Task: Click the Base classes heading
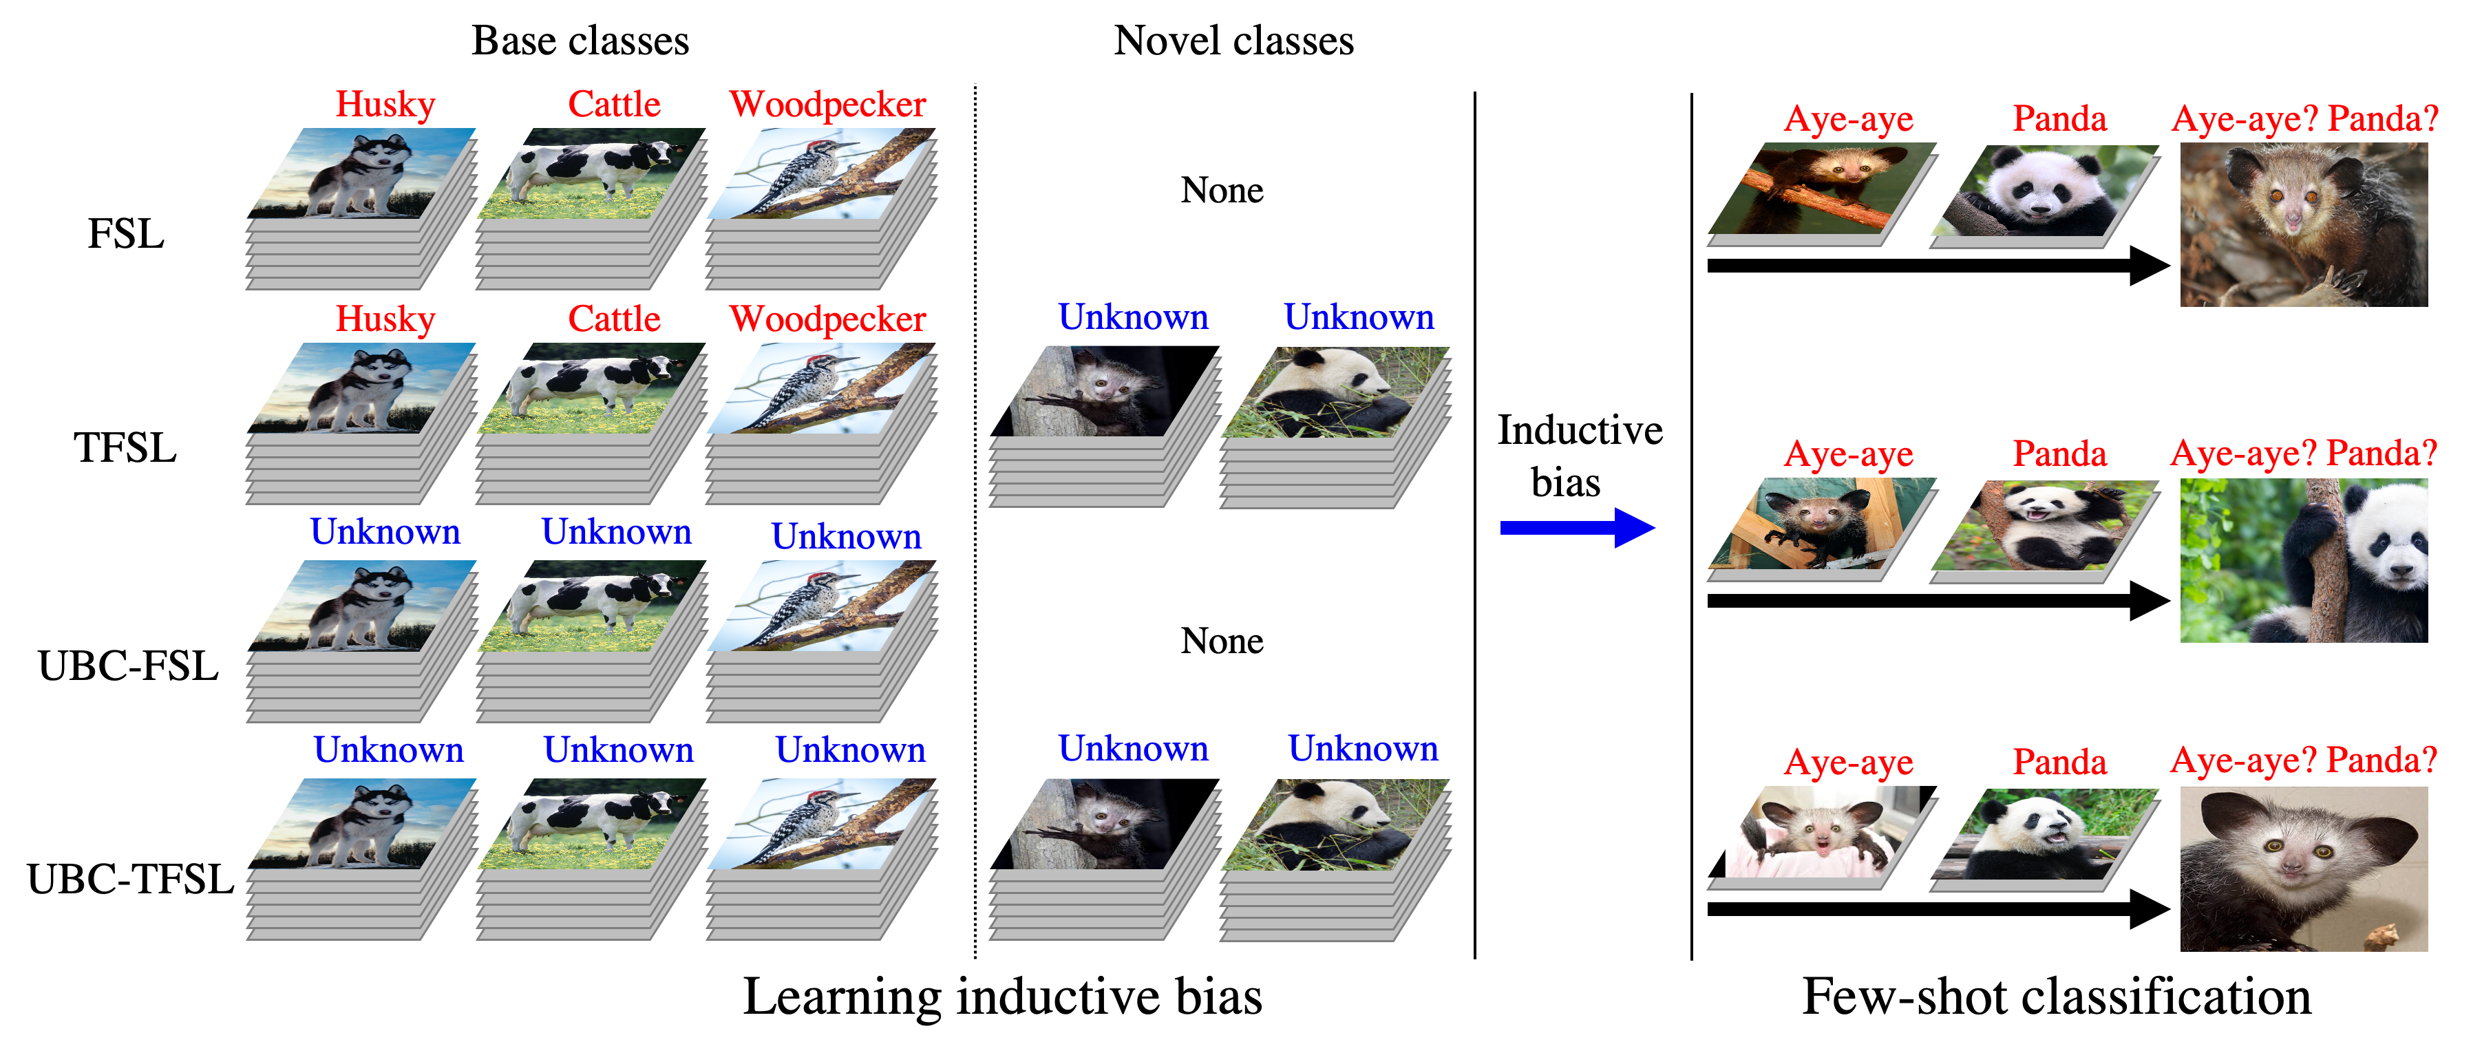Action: (x=580, y=41)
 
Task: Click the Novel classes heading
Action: (x=1233, y=41)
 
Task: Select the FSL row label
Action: (x=126, y=234)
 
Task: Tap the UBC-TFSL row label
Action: (x=130, y=879)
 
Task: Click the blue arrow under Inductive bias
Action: (x=1578, y=527)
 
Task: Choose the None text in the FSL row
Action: (x=1222, y=191)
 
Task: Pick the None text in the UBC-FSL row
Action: (x=1222, y=641)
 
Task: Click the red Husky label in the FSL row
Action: (x=385, y=104)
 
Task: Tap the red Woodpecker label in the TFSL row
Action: (x=827, y=319)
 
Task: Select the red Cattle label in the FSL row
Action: (x=614, y=104)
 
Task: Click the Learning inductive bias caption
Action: (x=1002, y=997)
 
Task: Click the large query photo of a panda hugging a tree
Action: (x=2304, y=561)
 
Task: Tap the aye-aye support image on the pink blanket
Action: (x=1822, y=831)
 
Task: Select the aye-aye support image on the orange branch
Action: (x=1822, y=188)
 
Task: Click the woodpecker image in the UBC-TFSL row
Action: (x=822, y=824)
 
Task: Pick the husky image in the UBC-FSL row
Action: (x=362, y=606)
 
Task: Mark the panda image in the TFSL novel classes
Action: (x=1335, y=392)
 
